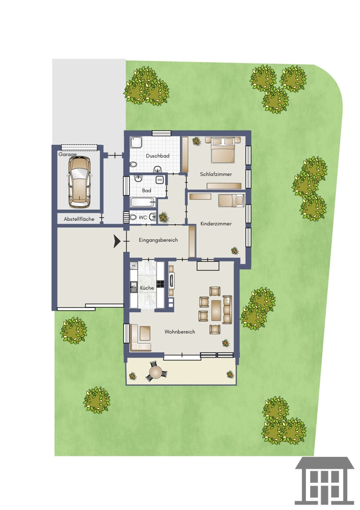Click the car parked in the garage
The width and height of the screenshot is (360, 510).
pyautogui.click(x=80, y=182)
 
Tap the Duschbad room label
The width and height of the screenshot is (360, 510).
pyautogui.click(x=158, y=156)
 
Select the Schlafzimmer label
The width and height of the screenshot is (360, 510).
pyautogui.click(x=216, y=174)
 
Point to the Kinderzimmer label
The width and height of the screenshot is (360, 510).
pyautogui.click(x=216, y=224)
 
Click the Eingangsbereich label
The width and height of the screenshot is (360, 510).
pyautogui.click(x=159, y=240)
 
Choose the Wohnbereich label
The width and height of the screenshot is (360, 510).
pyautogui.click(x=180, y=332)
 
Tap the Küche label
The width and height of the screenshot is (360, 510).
pyautogui.click(x=147, y=288)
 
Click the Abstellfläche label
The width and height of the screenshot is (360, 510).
pyautogui.click(x=79, y=219)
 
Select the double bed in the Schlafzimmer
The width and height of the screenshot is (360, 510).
pyautogui.click(x=223, y=150)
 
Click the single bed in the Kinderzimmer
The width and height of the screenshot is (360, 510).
pyautogui.click(x=231, y=200)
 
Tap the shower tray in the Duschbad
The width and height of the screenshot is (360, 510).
pyautogui.click(x=136, y=142)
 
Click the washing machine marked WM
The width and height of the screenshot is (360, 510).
pyautogui.click(x=160, y=180)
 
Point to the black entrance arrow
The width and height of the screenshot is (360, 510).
pyautogui.click(x=117, y=241)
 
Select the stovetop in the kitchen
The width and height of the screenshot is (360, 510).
pyautogui.click(x=160, y=284)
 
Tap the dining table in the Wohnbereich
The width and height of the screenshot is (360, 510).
pyautogui.click(x=216, y=310)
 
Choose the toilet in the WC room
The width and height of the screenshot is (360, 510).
pyautogui.click(x=133, y=217)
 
